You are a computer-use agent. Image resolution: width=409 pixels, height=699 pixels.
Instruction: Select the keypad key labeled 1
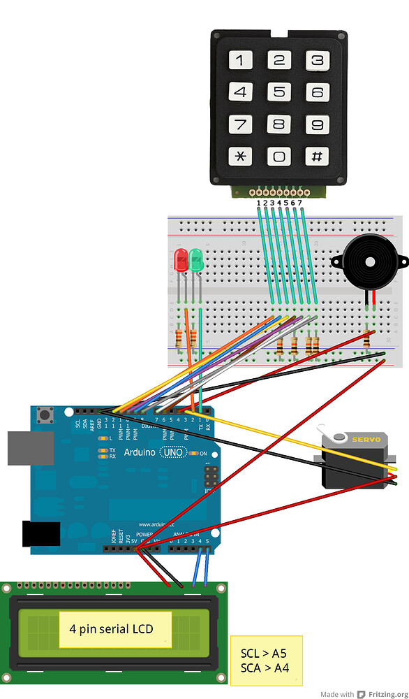(x=240, y=60)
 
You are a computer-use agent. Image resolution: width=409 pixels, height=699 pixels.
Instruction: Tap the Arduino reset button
(x=49, y=417)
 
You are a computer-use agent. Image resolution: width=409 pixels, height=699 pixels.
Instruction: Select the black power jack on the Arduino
(x=40, y=534)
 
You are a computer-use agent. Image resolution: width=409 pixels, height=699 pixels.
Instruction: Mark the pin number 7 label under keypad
(x=300, y=203)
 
